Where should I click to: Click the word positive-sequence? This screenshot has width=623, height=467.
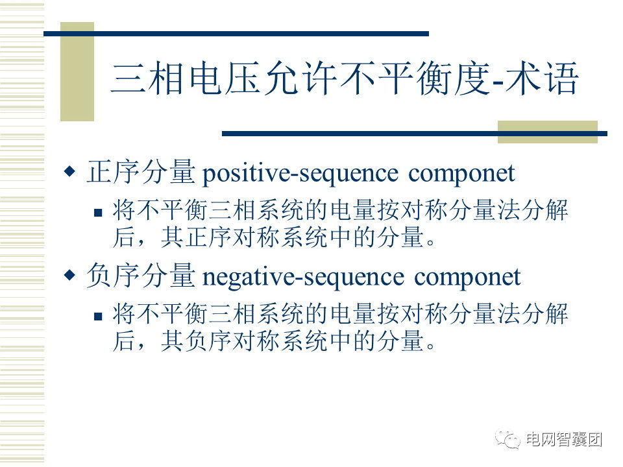pos(300,174)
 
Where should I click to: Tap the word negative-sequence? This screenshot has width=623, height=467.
pos(304,277)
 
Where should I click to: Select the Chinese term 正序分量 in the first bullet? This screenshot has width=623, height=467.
pos(141,172)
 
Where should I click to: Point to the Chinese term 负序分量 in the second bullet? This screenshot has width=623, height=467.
pos(141,276)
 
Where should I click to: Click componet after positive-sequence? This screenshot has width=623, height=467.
pos(461,174)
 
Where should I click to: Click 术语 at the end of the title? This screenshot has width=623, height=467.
pos(543,78)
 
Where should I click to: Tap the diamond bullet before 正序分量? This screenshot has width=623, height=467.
pos(70,171)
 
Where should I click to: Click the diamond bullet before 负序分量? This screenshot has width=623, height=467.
pos(70,275)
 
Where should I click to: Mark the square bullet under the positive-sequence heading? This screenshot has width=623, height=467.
pos(98,213)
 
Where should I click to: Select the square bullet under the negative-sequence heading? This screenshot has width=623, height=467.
pos(98,317)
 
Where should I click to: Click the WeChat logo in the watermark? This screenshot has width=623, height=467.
pos(507,439)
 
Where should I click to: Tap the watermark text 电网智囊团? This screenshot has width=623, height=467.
pos(564,440)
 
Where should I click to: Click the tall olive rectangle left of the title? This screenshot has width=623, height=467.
pos(77,71)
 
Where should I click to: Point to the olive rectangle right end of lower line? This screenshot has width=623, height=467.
pos(548,132)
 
